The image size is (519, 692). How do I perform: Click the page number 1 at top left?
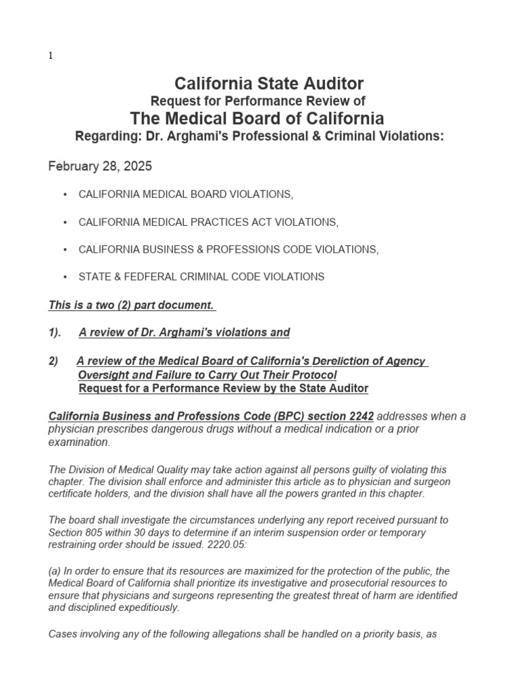click(x=51, y=56)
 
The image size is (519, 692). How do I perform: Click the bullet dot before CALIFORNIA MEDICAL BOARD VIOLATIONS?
click(x=65, y=195)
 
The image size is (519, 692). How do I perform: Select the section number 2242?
click(x=358, y=416)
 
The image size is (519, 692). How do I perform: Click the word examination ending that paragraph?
click(x=78, y=442)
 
